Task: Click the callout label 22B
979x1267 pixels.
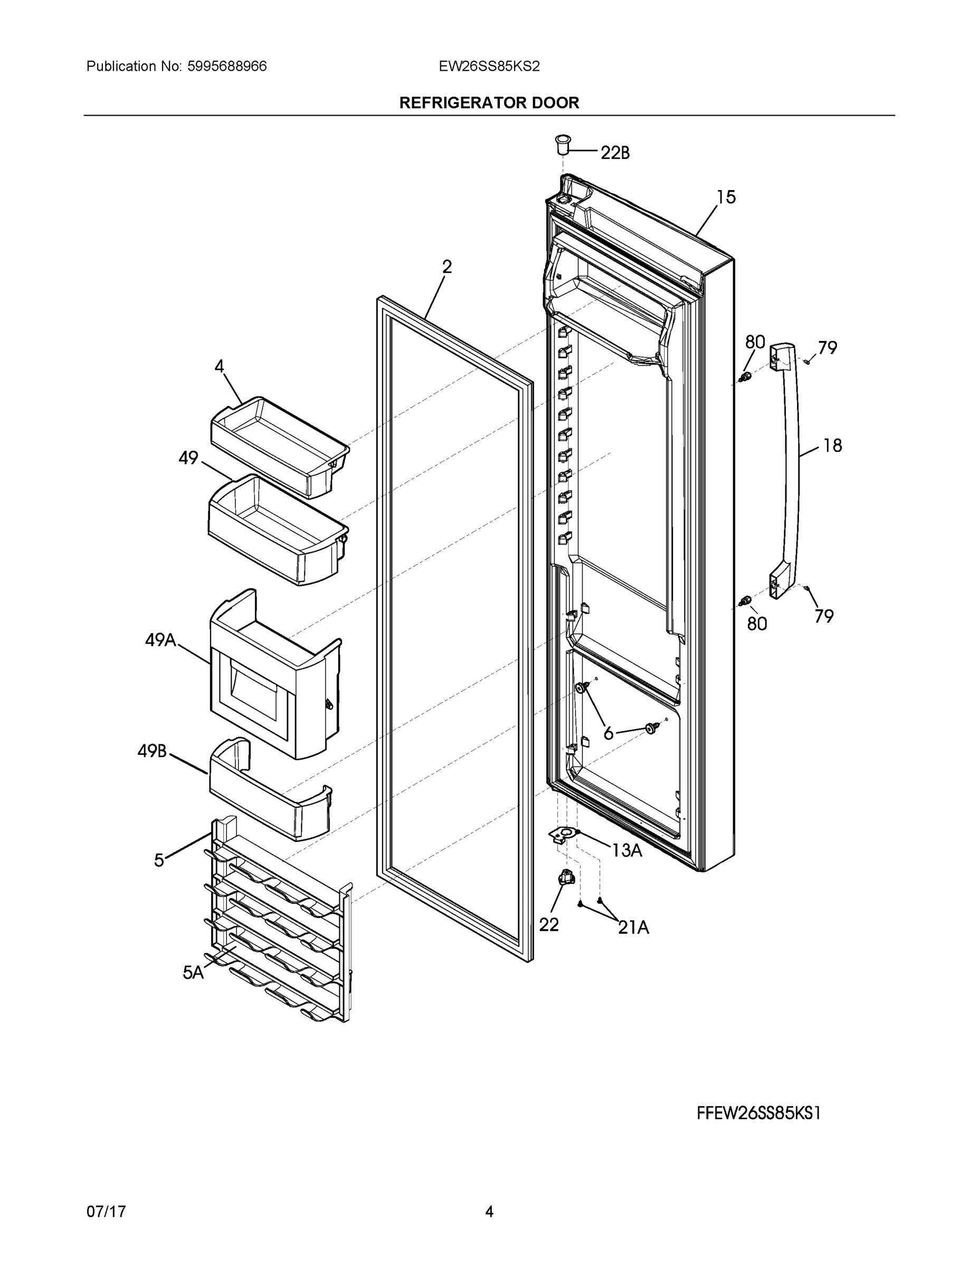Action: [x=615, y=153]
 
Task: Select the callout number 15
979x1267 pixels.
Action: [x=726, y=197]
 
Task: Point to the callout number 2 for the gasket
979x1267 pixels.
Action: [x=446, y=267]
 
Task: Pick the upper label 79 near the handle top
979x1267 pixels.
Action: [x=828, y=348]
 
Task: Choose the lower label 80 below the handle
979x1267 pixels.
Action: [x=757, y=623]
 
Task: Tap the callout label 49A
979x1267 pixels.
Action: [x=160, y=640]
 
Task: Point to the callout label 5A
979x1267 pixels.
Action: [x=193, y=973]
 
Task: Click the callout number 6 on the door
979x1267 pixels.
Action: [x=609, y=734]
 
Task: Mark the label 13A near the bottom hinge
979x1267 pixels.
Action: [x=626, y=850]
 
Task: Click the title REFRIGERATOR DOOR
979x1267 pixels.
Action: [x=489, y=103]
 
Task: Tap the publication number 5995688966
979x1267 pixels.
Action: [x=227, y=66]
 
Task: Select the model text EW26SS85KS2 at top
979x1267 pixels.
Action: [x=489, y=66]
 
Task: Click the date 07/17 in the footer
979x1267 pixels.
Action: [x=106, y=1212]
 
